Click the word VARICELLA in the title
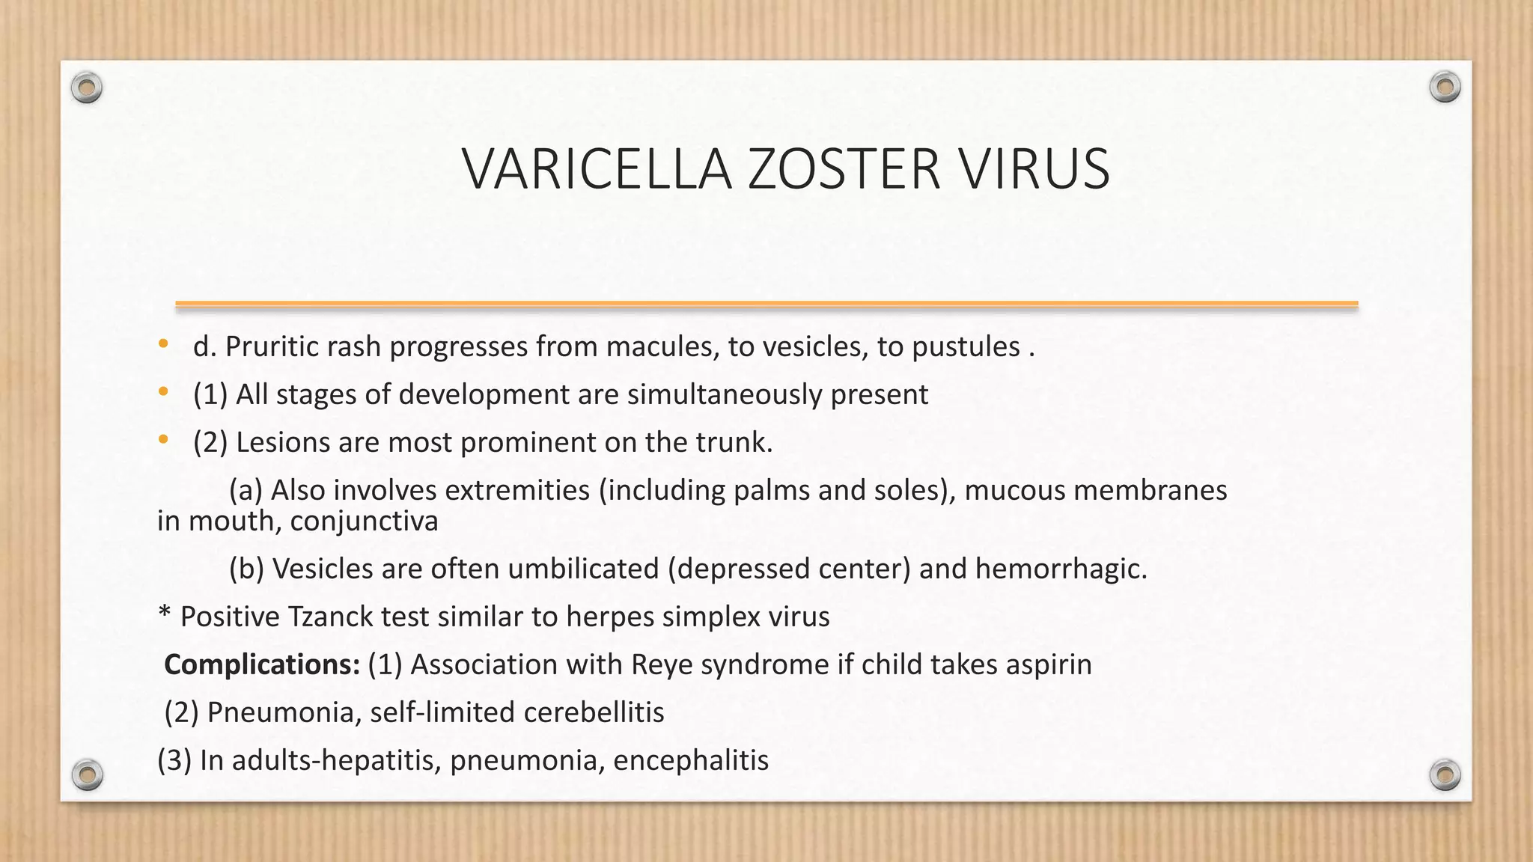(x=597, y=169)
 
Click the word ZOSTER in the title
(x=844, y=169)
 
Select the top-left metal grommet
(x=87, y=88)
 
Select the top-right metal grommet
(x=1445, y=88)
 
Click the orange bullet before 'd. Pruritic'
(x=163, y=344)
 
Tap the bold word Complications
(x=262, y=664)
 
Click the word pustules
(x=966, y=347)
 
